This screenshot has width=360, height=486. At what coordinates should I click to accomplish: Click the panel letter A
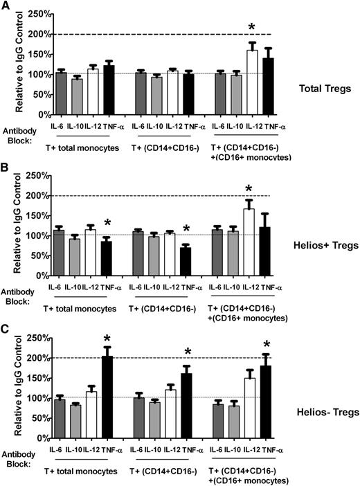click(x=6, y=6)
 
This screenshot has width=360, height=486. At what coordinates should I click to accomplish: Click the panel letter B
click(x=6, y=167)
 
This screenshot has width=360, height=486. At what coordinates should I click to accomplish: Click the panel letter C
click(x=6, y=327)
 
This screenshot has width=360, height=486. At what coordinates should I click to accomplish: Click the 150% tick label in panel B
click(x=40, y=215)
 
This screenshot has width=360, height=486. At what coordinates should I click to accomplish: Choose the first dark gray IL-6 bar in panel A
click(x=61, y=93)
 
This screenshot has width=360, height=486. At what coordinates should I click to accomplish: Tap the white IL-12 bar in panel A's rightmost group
click(x=252, y=82)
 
